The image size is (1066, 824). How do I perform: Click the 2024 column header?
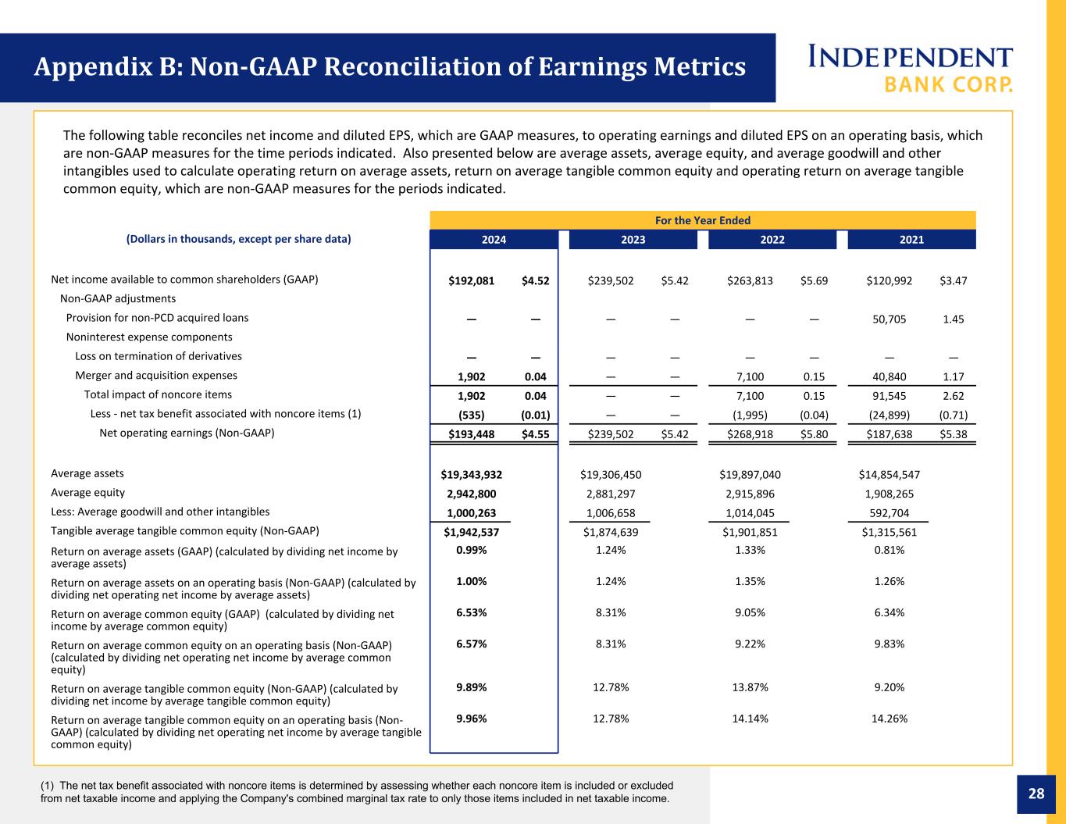click(494, 239)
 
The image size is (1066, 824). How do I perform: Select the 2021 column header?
click(911, 239)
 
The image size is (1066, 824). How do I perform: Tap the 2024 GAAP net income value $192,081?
click(471, 280)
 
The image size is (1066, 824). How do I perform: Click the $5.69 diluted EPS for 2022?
click(814, 280)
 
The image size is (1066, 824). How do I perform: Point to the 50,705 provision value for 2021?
click(889, 319)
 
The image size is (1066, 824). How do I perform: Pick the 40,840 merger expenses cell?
click(889, 376)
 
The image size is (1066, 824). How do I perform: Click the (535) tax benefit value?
click(471, 415)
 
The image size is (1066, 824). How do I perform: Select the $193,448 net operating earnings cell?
click(471, 434)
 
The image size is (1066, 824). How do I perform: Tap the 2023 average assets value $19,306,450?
click(610, 474)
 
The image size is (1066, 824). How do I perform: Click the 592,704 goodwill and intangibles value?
click(889, 513)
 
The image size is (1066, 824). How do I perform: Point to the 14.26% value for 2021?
click(889, 719)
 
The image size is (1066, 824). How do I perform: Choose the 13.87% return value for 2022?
click(750, 687)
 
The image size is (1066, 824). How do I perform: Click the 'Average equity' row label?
click(87, 492)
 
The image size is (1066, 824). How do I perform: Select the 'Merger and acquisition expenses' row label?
click(156, 375)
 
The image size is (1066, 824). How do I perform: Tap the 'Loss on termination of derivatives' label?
click(159, 356)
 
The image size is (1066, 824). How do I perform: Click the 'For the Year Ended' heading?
click(703, 221)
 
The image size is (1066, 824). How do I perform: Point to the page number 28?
click(1036, 794)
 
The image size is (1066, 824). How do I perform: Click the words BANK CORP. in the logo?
click(948, 84)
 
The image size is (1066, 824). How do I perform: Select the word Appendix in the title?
click(94, 66)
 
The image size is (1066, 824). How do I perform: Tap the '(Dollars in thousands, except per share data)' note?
click(238, 239)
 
